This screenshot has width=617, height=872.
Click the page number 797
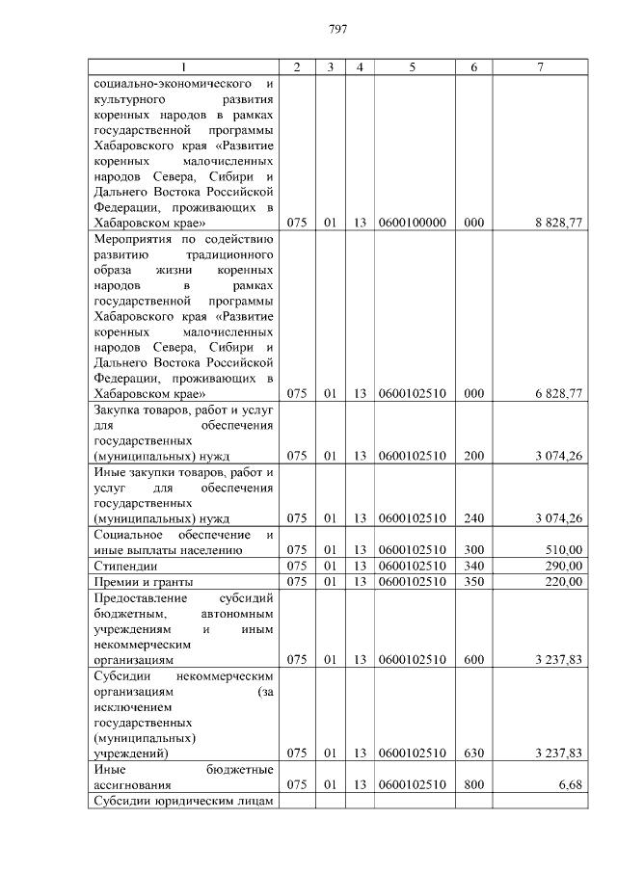(x=337, y=29)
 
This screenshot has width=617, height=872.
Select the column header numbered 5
(x=412, y=66)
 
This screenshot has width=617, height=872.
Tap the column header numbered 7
(x=540, y=66)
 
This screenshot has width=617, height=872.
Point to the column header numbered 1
(x=185, y=66)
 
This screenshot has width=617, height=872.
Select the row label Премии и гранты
(x=143, y=581)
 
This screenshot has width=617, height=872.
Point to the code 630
(x=473, y=753)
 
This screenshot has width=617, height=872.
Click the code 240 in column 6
(x=473, y=518)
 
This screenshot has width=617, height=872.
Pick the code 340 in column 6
(x=473, y=566)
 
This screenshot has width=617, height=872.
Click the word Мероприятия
(x=133, y=238)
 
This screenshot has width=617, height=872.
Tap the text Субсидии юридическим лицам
(x=184, y=802)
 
